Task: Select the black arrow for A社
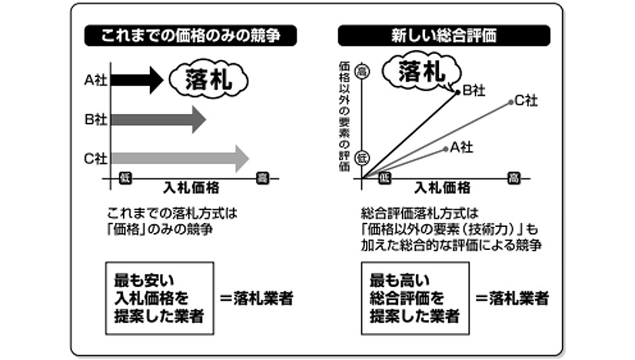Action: [x=136, y=80]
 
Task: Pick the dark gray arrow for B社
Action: [x=157, y=120]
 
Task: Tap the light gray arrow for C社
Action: [x=179, y=159]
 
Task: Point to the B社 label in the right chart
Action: [x=473, y=89]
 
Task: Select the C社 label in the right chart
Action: [x=526, y=101]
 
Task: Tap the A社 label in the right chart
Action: [x=461, y=147]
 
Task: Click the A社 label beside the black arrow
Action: [x=95, y=80]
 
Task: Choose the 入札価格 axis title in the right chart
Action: [x=442, y=187]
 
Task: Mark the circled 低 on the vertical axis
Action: [x=362, y=156]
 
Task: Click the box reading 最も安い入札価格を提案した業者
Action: [x=159, y=297]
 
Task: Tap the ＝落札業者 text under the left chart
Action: [x=257, y=298]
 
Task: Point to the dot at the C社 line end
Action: [x=511, y=102]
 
